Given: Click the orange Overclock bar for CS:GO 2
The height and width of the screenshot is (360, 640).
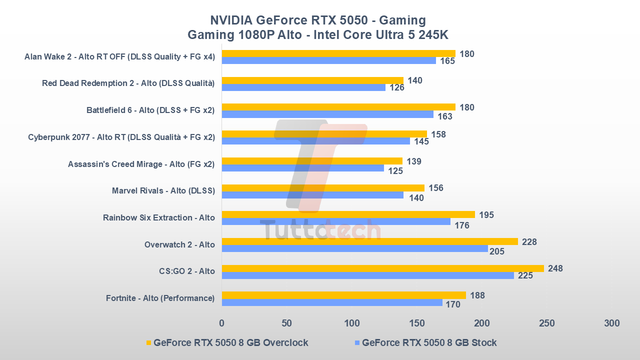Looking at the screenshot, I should pyautogui.click(x=382, y=268).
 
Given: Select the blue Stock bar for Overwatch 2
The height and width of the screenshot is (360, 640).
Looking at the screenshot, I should pyautogui.click(x=354, y=248).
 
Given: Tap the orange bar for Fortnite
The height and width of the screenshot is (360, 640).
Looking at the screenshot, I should pyautogui.click(x=343, y=295).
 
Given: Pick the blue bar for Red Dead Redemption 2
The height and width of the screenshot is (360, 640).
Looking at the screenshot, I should pyautogui.click(x=303, y=87).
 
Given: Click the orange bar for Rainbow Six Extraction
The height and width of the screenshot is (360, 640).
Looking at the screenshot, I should pyautogui.click(x=348, y=214).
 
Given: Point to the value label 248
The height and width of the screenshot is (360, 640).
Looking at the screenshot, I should pyautogui.click(x=555, y=268).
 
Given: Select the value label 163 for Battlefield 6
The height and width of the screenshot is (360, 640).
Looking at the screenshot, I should pyautogui.click(x=444, y=116).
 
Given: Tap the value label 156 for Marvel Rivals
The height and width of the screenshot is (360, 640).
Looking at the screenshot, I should pyautogui.click(x=435, y=188).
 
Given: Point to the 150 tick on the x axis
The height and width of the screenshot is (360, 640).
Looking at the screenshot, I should pyautogui.click(x=416, y=323).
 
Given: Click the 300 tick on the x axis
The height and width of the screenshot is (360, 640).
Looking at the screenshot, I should pyautogui.click(x=611, y=323).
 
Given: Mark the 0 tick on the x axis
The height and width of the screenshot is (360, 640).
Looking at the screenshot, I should pyautogui.click(x=222, y=323).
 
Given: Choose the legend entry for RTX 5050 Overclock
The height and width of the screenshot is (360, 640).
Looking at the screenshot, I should pyautogui.click(x=227, y=343).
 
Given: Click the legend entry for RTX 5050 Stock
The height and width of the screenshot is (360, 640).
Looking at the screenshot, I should pyautogui.click(x=425, y=343).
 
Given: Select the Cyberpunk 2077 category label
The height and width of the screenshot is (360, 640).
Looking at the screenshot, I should pyautogui.click(x=121, y=137).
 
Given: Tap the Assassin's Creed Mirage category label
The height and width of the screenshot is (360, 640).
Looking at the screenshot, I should pyautogui.click(x=141, y=164).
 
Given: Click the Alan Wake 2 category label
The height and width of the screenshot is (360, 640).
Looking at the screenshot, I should pyautogui.click(x=119, y=56).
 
